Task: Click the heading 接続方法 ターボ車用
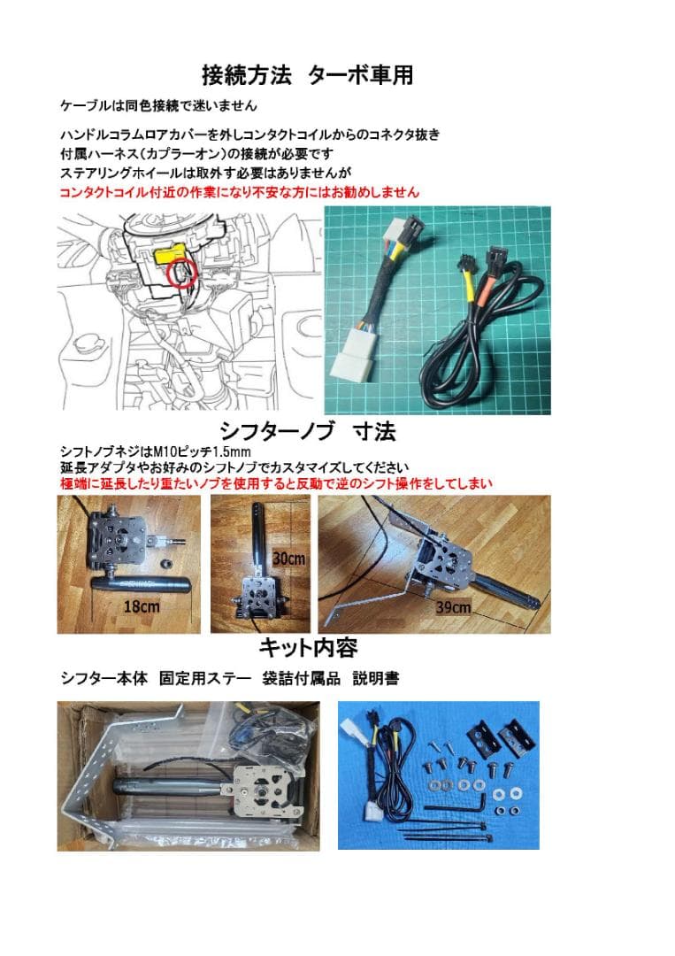tap(308, 74)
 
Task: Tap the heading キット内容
tap(308, 647)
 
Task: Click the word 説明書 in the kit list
tap(376, 679)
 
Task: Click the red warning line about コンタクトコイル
tap(239, 191)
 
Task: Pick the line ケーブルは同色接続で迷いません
tap(158, 105)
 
